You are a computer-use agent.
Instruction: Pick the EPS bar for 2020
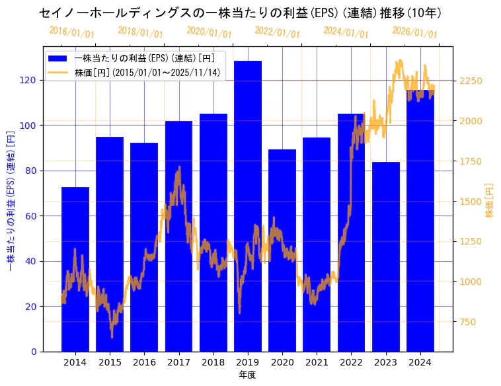282,251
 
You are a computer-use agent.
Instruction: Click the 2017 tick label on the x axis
178,362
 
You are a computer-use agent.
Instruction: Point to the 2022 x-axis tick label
351,362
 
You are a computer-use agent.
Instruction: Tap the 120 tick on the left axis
29,80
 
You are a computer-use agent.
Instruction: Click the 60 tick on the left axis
32,216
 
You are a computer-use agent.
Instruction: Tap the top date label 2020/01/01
209,32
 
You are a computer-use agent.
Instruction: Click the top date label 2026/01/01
414,32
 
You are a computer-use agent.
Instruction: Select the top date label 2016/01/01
71,32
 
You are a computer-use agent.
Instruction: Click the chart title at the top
241,13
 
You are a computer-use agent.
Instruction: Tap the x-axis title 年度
247,375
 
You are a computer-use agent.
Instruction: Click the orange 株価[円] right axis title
490,200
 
